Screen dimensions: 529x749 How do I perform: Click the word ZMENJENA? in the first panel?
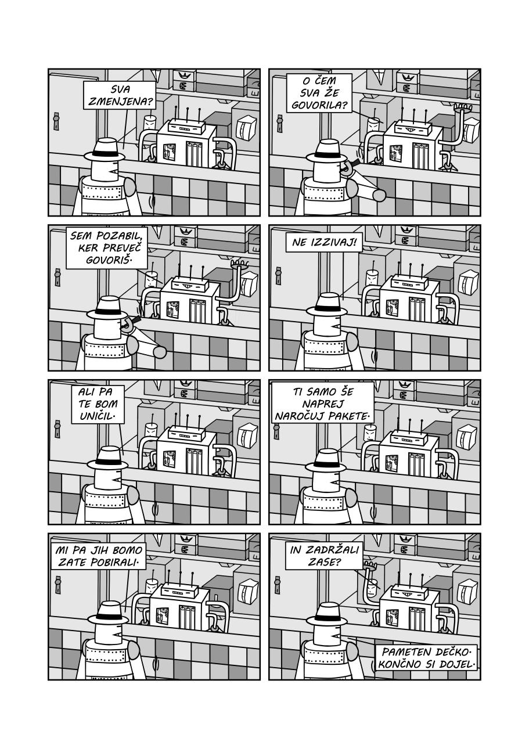click(x=119, y=101)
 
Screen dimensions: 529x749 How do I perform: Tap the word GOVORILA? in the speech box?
click(x=319, y=105)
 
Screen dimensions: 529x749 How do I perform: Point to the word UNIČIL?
click(x=96, y=416)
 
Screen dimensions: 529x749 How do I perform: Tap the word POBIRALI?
click(x=116, y=563)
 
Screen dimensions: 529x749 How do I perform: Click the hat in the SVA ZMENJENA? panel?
click(x=105, y=150)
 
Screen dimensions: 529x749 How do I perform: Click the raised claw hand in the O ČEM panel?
click(x=462, y=107)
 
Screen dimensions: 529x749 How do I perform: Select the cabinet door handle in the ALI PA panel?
click(x=57, y=428)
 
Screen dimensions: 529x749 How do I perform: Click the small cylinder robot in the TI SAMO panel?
click(x=369, y=433)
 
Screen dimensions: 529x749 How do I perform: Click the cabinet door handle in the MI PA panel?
click(x=58, y=585)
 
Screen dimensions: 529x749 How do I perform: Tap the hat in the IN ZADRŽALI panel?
click(x=326, y=614)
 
